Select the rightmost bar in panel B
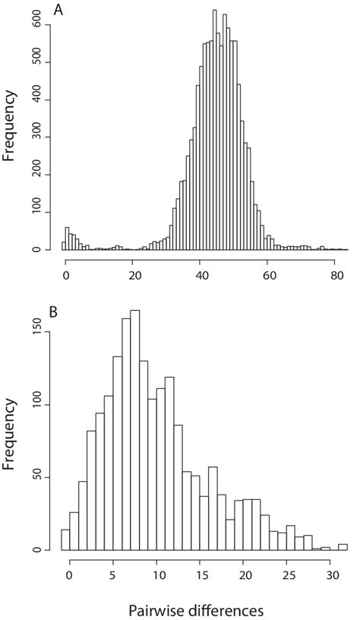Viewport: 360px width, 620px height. pos(343,547)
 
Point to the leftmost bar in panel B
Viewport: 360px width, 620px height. pos(65,539)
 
